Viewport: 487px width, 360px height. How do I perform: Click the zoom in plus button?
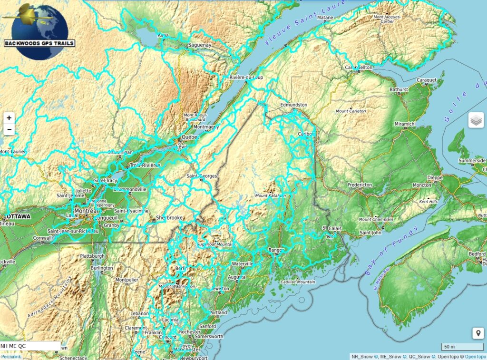coord(9,117)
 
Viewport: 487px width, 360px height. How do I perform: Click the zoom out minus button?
coord(9,129)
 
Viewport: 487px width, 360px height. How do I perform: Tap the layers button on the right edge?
coord(476,121)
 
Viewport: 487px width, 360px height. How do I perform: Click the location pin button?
coord(478,333)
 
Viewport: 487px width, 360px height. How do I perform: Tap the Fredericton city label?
coord(360,185)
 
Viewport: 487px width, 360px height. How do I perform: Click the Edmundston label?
coord(293,105)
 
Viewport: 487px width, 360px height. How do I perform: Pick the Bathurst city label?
coord(399,89)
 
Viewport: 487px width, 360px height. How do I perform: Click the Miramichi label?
coord(405,124)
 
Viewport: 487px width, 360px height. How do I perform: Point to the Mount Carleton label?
coord(351,111)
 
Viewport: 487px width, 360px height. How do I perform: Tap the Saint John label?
coord(370,233)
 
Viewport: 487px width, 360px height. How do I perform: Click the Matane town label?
coord(325,18)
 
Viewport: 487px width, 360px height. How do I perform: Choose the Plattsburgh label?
coord(92,256)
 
